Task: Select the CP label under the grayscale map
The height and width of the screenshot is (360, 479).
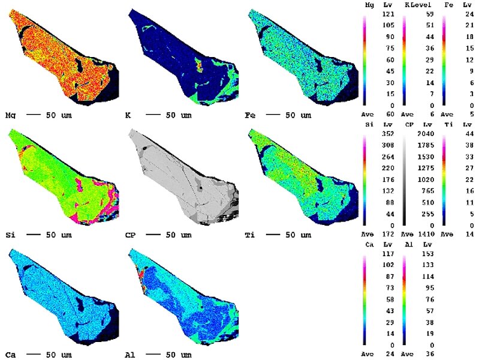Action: tap(134, 234)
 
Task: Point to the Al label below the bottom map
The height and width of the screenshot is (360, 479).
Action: tap(134, 355)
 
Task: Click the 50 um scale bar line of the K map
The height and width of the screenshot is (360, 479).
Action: tap(153, 114)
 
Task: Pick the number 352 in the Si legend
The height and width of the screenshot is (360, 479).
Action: tap(387, 134)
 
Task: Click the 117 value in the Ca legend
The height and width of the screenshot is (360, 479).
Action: tap(387, 254)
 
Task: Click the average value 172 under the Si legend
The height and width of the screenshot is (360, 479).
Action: tap(387, 234)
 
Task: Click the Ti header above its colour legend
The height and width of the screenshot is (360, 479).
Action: tap(447, 125)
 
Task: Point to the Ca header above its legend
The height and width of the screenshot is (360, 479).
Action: tap(369, 245)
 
